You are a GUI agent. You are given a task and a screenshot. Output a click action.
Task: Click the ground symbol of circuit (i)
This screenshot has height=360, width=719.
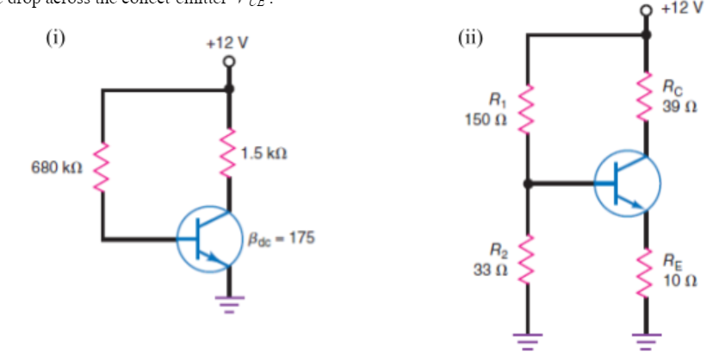click(229, 302)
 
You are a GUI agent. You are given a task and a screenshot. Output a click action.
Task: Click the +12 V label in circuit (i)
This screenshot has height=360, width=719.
click(227, 43)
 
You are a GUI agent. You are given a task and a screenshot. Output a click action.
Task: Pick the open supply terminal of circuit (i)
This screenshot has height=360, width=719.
click(229, 62)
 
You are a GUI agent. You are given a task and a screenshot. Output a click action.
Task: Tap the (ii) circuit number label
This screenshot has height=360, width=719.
click(471, 37)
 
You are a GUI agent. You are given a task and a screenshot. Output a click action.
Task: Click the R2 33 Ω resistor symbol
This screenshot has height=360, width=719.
click(527, 259)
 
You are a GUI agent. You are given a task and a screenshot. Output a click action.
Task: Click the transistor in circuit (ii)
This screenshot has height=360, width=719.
click(627, 184)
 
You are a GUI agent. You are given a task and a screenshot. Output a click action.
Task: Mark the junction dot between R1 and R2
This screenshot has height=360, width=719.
click(527, 183)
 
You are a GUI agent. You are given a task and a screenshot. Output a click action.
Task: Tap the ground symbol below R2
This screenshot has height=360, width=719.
click(527, 338)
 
